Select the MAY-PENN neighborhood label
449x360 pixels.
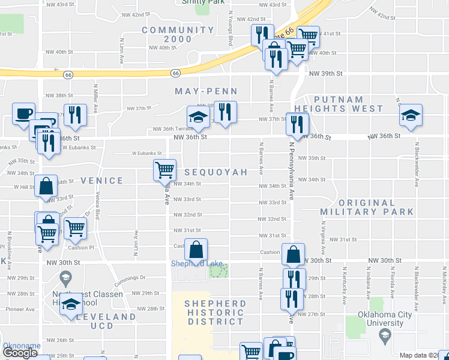206,92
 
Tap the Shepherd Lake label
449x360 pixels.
193,263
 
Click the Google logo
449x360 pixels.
20,353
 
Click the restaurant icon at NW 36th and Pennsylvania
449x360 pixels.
297,123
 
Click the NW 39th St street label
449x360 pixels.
325,73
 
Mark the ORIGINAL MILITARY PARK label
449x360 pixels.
367,208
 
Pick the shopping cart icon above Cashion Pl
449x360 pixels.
75,227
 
